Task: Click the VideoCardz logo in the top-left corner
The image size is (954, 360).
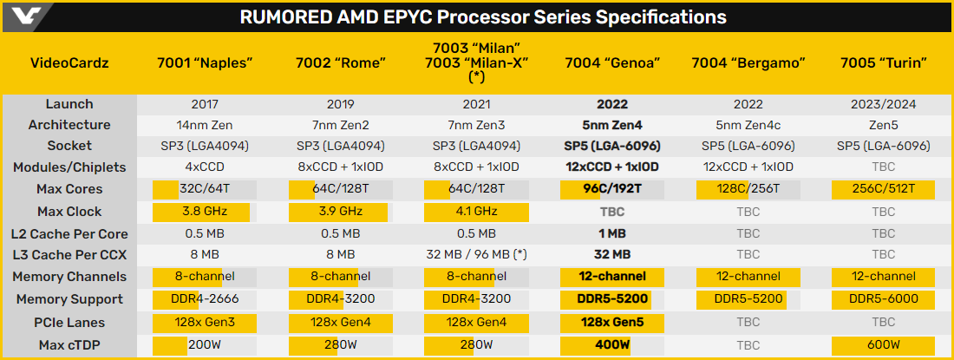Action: click(26, 16)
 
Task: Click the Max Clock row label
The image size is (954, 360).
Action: click(69, 212)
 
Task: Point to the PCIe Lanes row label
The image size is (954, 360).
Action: click(69, 322)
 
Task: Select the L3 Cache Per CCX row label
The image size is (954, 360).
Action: click(69, 255)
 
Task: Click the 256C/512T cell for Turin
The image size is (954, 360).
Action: click(883, 189)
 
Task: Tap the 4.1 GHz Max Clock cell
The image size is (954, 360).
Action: click(475, 212)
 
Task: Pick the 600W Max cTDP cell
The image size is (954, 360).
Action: click(883, 344)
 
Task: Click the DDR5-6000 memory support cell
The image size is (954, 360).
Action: click(883, 299)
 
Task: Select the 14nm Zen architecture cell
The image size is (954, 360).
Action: click(204, 125)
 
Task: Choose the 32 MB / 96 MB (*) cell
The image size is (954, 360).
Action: click(475, 255)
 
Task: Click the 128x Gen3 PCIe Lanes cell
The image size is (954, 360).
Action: click(204, 322)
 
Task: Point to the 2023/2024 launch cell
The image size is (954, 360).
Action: click(883, 104)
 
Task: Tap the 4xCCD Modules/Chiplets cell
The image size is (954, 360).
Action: click(204, 167)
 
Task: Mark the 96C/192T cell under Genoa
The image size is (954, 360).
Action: click(612, 189)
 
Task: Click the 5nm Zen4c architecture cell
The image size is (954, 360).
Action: click(748, 125)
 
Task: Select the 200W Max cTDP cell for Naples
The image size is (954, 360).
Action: click(204, 344)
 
